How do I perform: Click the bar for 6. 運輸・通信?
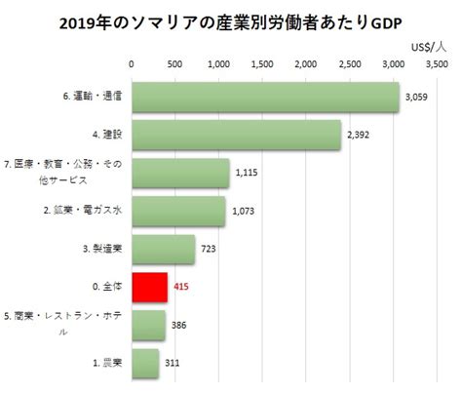tap(265, 98)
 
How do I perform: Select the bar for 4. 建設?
tap(237, 135)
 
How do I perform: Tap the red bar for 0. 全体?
tap(150, 288)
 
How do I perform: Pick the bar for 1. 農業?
tap(145, 364)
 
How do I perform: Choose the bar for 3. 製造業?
tap(164, 250)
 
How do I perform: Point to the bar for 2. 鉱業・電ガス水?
tap(178, 212)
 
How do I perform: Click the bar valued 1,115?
tap(180, 173)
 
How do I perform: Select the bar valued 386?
tap(148, 326)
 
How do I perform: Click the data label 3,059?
tap(416, 98)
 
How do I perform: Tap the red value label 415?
tap(181, 287)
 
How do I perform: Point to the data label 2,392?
tap(358, 135)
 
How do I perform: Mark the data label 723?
tap(209, 249)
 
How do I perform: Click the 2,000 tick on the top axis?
tap(306, 64)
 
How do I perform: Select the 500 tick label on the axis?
tap(174, 64)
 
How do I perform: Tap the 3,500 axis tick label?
tap(437, 64)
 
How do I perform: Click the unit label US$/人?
tap(429, 48)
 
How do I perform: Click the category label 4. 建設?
tap(107, 135)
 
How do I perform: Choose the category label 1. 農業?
tap(107, 363)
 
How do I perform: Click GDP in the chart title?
tap(386, 23)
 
